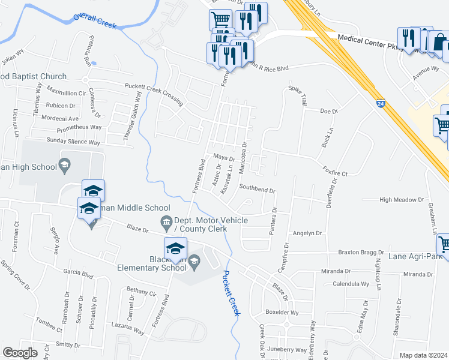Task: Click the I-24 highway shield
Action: (381, 104)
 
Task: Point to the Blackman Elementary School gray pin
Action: (194, 261)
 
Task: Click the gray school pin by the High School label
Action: (64, 164)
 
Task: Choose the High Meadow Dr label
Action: (402, 200)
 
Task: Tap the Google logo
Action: (20, 352)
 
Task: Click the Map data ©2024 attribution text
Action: (423, 355)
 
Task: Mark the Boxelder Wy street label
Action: (282, 313)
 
